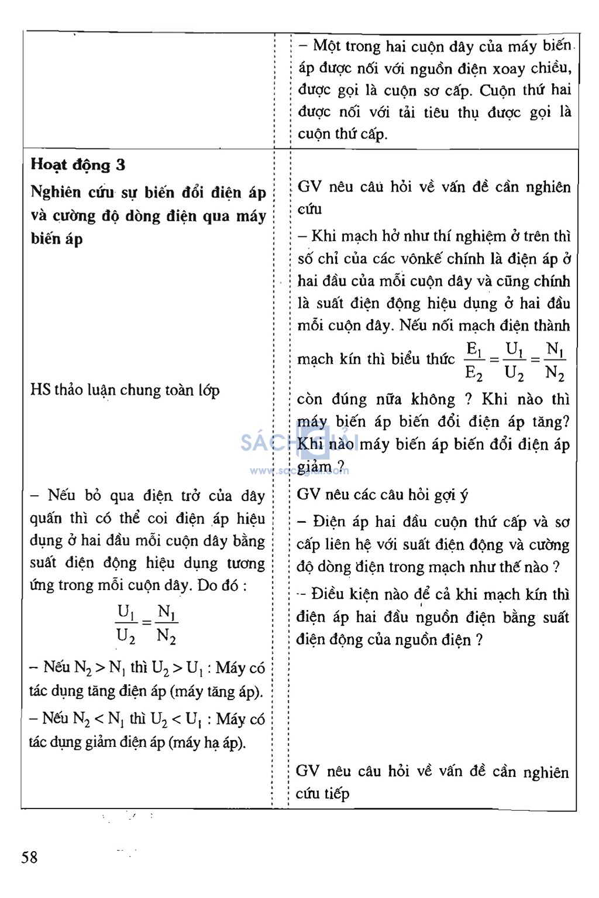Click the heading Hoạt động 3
click(78, 164)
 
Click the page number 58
click(29, 858)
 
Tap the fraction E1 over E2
click(474, 361)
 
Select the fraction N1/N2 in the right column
click(554, 361)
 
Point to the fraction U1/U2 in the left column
click(126, 623)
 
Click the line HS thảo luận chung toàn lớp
click(125, 390)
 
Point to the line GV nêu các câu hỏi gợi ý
click(383, 495)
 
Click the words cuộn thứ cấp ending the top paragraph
click(342, 134)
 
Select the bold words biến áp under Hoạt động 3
click(57, 239)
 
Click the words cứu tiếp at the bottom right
click(322, 794)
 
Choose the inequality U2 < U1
click(178, 719)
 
